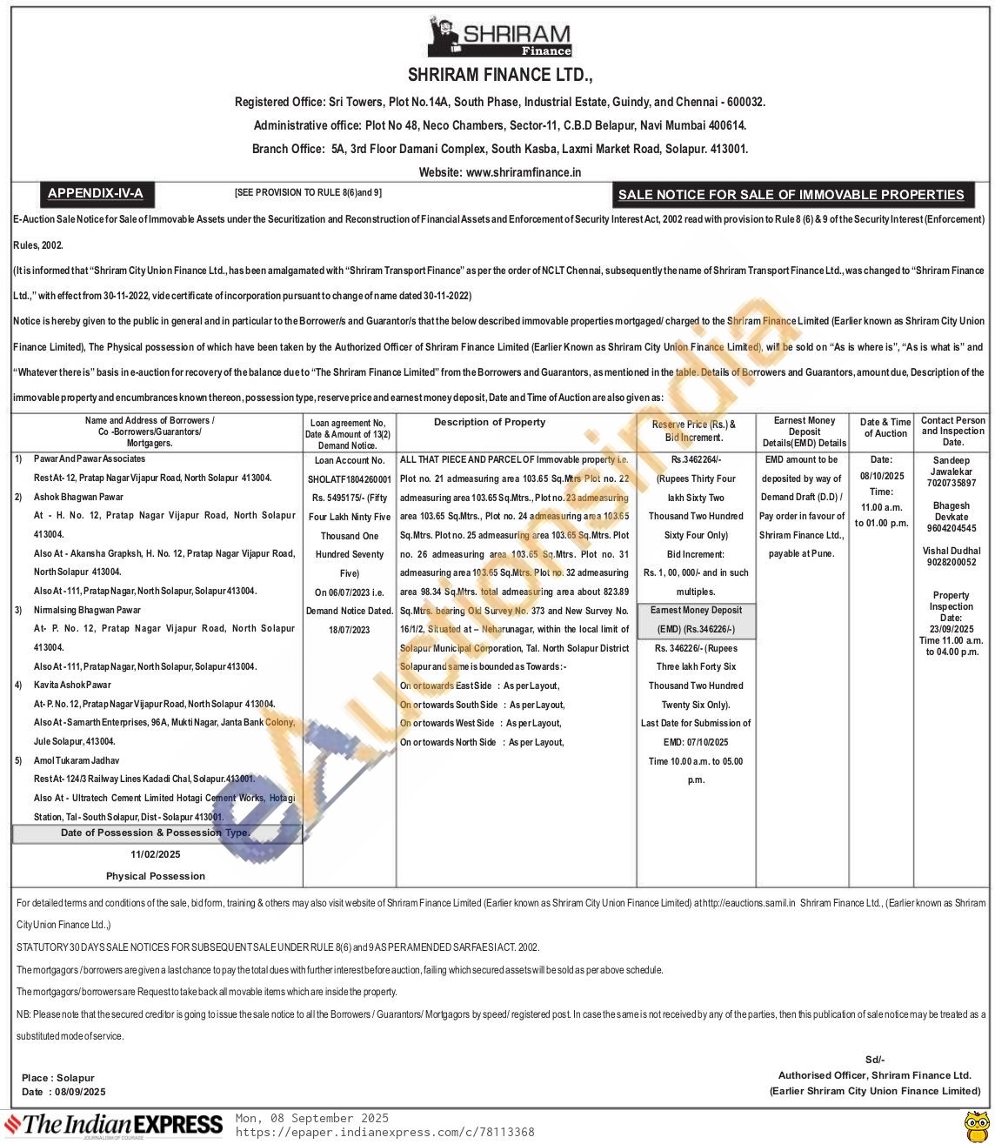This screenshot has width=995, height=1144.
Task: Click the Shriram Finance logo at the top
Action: [499, 39]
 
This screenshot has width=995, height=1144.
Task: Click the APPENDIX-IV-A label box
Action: [95, 193]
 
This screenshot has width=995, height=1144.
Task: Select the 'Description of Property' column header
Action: [490, 422]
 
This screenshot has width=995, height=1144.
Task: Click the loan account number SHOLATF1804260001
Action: [350, 479]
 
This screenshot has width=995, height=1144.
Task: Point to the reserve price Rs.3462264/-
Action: [696, 459]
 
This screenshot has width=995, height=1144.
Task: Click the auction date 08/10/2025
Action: [882, 476]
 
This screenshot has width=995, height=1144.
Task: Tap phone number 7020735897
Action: [951, 483]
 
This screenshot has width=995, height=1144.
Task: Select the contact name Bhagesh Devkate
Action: [951, 511]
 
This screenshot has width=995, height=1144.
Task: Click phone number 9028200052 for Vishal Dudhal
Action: [951, 562]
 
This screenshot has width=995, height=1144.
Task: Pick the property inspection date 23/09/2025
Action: [951, 629]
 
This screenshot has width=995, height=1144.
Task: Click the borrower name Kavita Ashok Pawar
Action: [73, 686]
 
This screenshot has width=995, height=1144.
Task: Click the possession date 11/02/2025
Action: [156, 854]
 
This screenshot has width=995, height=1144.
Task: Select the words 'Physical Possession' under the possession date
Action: [156, 876]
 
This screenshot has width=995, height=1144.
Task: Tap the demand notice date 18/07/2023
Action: [350, 630]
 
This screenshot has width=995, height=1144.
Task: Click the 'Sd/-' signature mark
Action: [874, 1060]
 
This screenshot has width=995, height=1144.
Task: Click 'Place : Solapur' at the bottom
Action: [58, 1078]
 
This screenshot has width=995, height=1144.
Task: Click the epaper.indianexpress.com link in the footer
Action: [385, 1132]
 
